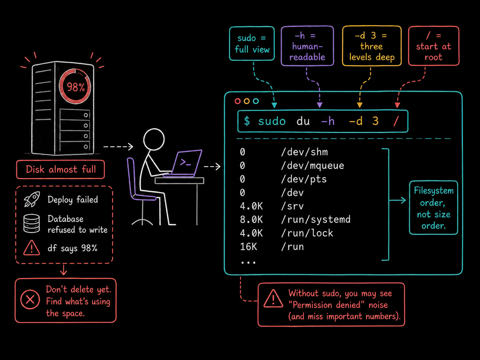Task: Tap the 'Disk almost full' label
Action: click(60, 169)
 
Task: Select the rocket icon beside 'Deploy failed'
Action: click(32, 199)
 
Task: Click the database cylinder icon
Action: click(31, 223)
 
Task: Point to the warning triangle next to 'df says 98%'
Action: click(31, 248)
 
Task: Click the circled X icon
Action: click(30, 299)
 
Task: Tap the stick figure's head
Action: click(154, 140)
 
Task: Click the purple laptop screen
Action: click(187, 162)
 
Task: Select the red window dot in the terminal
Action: click(237, 101)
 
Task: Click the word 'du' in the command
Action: click(303, 121)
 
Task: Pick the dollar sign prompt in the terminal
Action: click(247, 121)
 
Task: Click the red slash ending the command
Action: click(396, 121)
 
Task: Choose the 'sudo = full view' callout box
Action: click(252, 43)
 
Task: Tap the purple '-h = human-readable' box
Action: click(307, 46)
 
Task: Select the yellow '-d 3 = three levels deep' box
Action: click(372, 46)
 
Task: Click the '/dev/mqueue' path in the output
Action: click(313, 166)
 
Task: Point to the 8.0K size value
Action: click(251, 220)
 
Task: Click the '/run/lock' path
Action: click(307, 233)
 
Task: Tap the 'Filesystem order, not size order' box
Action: click(433, 208)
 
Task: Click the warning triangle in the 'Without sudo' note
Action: click(273, 299)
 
